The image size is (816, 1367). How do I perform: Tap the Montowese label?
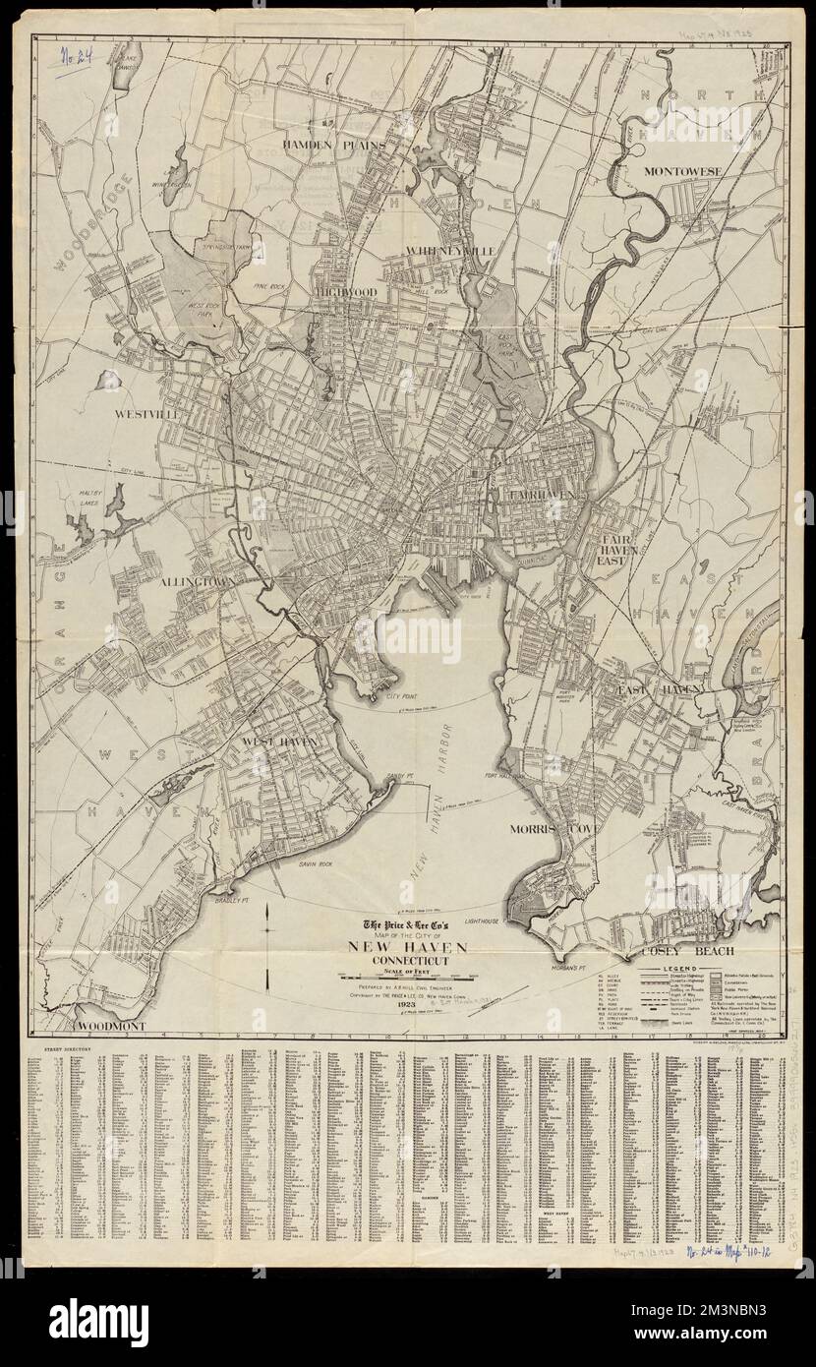tap(684, 171)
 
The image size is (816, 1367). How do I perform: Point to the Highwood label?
tap(346, 292)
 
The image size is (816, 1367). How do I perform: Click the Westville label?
tap(145, 415)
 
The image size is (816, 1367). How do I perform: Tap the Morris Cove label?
tap(549, 829)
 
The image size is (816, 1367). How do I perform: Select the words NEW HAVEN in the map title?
tap(405, 947)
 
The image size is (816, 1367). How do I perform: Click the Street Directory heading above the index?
tap(65, 1049)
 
